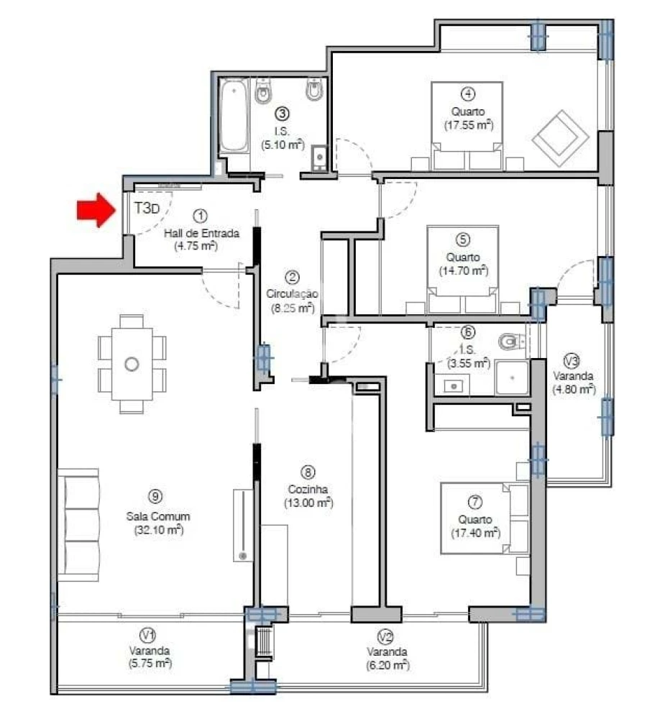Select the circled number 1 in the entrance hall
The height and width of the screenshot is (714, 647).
[201, 214]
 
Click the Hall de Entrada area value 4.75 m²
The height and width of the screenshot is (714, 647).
[196, 245]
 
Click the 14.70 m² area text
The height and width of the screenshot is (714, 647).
[463, 270]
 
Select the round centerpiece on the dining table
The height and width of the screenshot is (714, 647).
[132, 364]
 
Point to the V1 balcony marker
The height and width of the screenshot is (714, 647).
[147, 635]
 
